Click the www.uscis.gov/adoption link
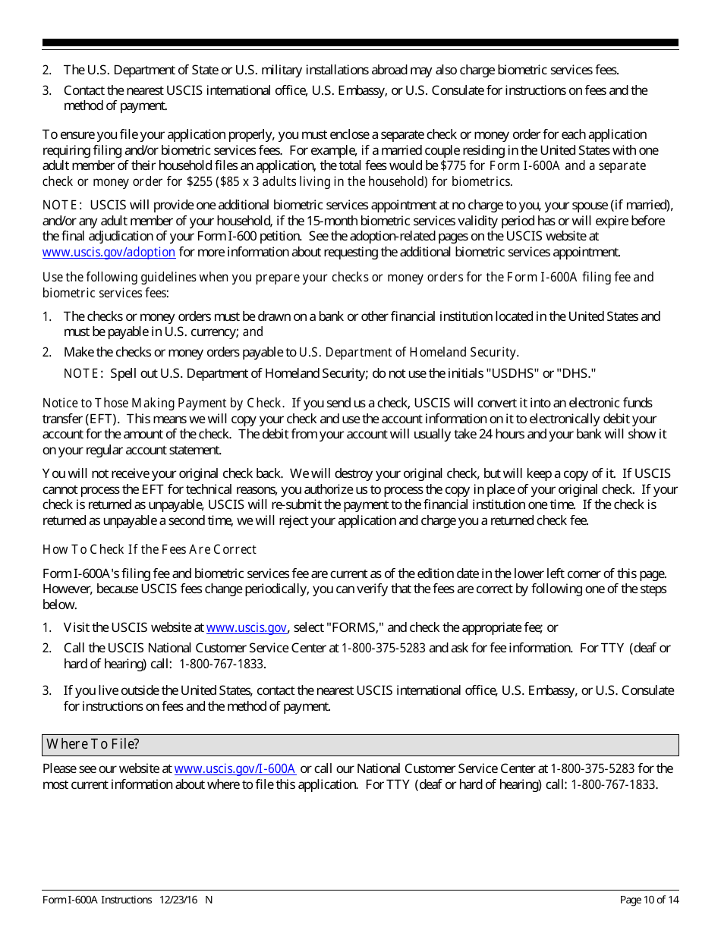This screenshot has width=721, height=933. (109, 253)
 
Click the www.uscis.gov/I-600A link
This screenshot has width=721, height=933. (235, 768)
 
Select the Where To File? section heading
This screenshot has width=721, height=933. (93, 744)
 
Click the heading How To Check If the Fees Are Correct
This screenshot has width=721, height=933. (150, 549)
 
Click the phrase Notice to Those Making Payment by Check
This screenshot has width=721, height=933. (163, 404)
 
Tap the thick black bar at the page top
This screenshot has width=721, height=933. (360, 43)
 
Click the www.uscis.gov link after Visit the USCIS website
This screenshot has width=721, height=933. (246, 627)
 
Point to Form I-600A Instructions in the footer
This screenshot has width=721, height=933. (97, 900)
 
